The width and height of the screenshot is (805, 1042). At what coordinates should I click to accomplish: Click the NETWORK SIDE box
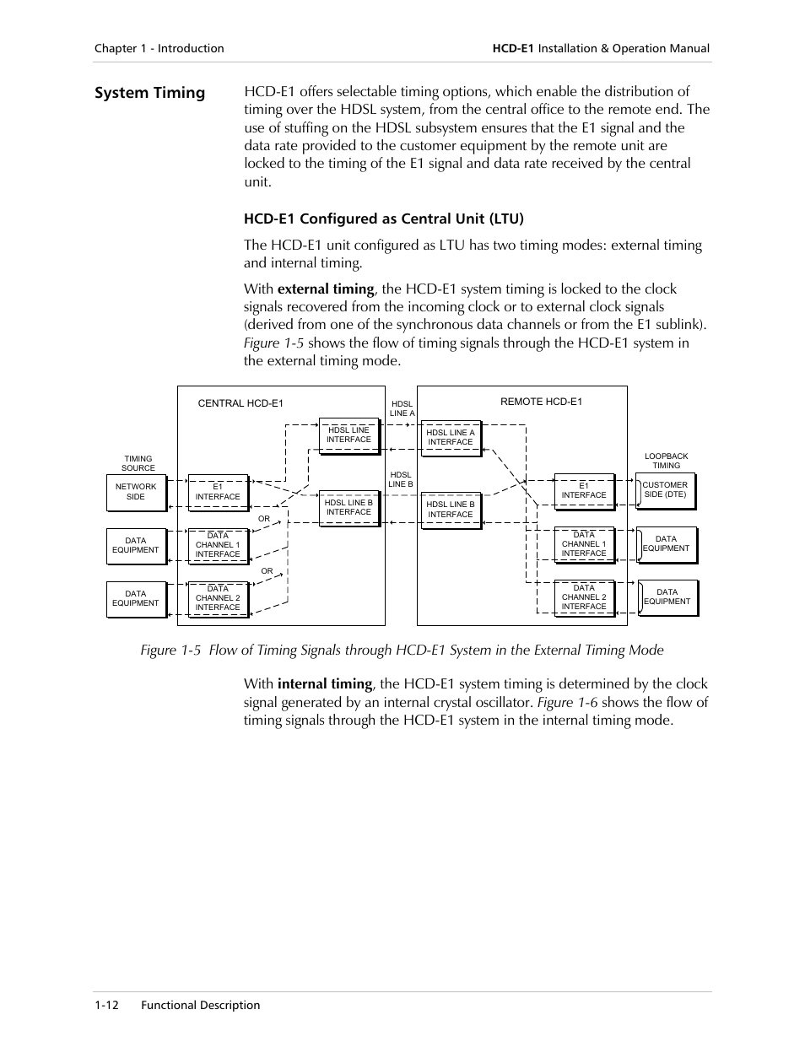tap(136, 492)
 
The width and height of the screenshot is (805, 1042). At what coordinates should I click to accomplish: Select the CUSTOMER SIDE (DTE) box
tap(665, 490)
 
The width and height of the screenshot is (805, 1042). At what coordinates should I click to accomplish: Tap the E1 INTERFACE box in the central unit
tap(218, 492)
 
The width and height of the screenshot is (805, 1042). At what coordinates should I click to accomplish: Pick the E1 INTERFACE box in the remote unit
tap(583, 491)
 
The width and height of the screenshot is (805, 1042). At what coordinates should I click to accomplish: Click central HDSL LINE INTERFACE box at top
tap(348, 435)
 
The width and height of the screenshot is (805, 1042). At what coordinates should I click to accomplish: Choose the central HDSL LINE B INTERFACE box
tap(348, 507)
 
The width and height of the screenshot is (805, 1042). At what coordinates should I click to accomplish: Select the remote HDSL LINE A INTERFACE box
tap(451, 437)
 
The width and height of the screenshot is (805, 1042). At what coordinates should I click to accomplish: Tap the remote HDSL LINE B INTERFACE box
tap(451, 510)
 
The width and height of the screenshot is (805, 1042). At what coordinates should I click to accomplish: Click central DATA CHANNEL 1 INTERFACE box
tap(218, 545)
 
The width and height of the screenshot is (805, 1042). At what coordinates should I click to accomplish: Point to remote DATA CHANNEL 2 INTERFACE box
tap(583, 597)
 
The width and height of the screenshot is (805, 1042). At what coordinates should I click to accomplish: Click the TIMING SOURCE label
tap(138, 463)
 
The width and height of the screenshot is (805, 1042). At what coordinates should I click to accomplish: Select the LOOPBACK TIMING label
tap(666, 461)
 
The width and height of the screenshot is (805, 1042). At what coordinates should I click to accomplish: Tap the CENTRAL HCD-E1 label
tap(240, 403)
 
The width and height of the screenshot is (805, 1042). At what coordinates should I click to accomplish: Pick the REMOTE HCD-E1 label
tap(541, 402)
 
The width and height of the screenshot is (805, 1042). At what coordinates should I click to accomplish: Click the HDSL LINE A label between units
tap(402, 408)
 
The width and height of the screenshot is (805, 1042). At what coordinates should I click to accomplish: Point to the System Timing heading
tap(149, 93)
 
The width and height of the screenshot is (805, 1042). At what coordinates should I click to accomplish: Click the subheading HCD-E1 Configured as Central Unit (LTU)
tap(384, 219)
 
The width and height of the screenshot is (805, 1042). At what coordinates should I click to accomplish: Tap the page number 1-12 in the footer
tap(106, 1005)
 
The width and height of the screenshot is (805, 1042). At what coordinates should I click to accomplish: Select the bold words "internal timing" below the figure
tap(325, 684)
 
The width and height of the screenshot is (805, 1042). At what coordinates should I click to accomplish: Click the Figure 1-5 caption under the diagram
tap(402, 651)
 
